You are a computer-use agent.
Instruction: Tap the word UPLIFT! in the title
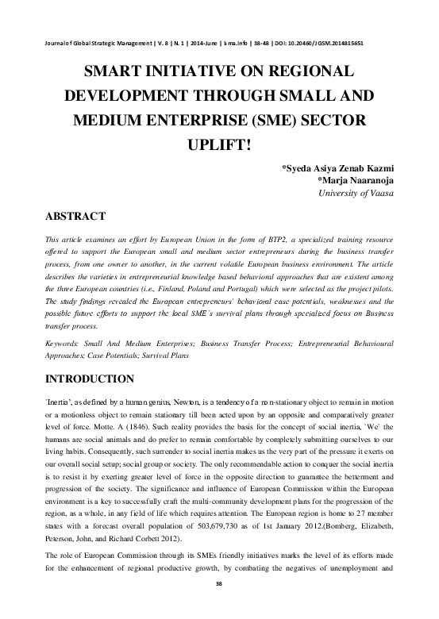click(x=219, y=148)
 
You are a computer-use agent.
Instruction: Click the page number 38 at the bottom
click(x=219, y=606)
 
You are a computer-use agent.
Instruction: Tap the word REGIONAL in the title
click(x=306, y=71)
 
